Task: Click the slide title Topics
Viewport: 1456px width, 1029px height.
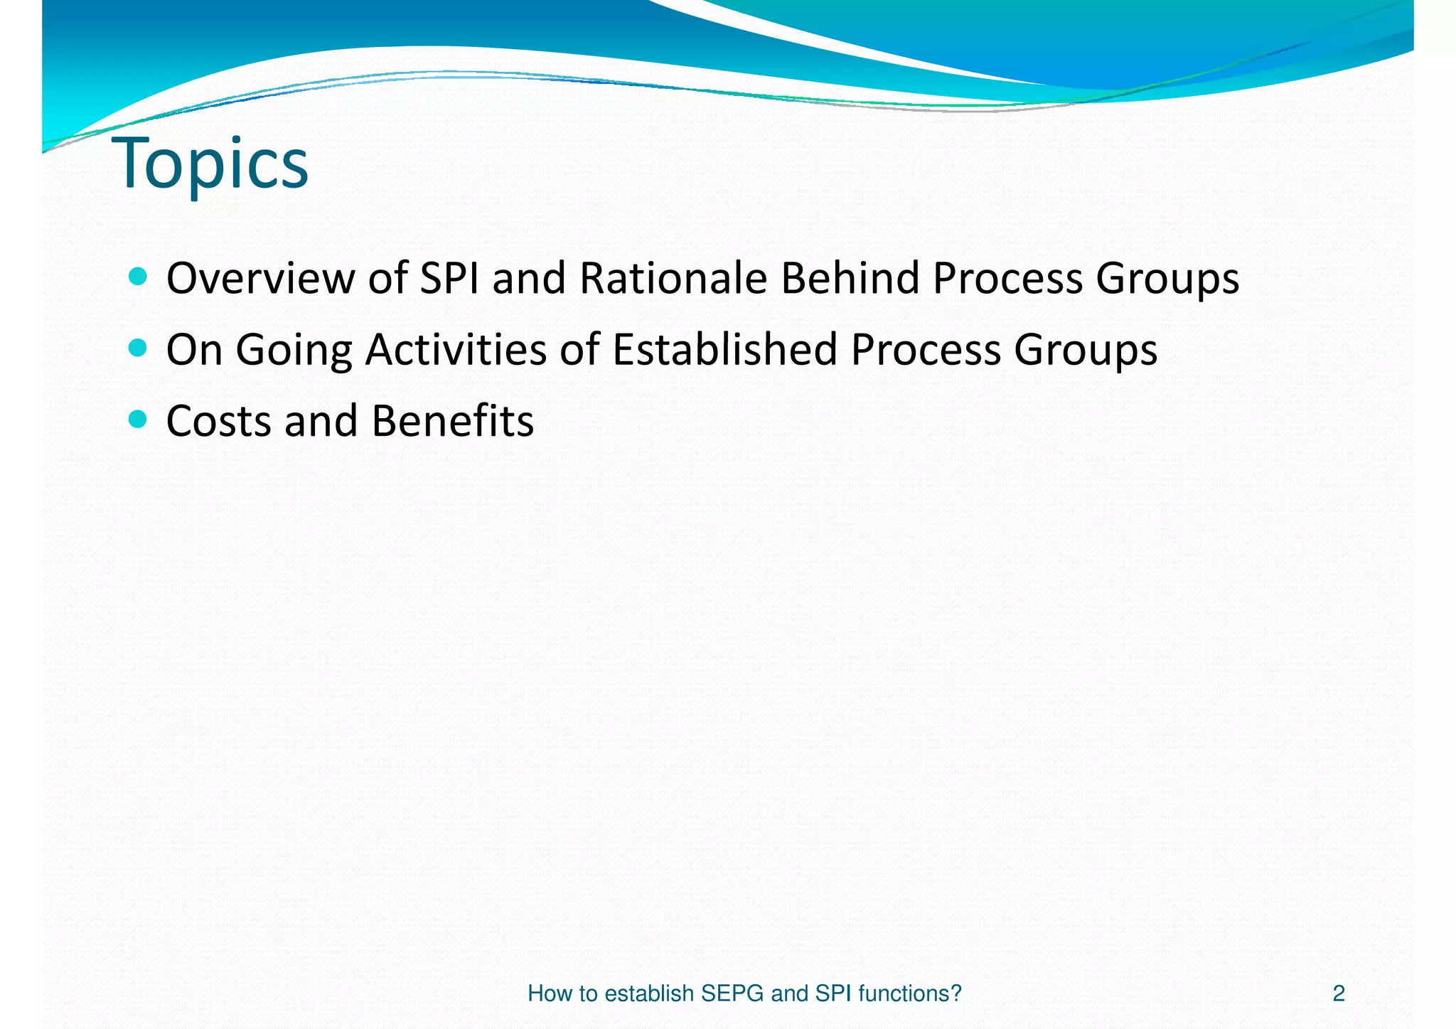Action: pyautogui.click(x=210, y=164)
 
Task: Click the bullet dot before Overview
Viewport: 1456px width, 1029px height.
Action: pyautogui.click(x=139, y=277)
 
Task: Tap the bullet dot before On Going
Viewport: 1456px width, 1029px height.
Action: pyautogui.click(x=139, y=348)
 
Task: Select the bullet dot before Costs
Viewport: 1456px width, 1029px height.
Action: pyautogui.click(x=139, y=420)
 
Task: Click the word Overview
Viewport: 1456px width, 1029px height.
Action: pyautogui.click(x=259, y=278)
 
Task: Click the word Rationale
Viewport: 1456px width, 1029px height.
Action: pyautogui.click(x=673, y=278)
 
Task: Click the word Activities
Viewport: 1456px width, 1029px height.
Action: pyautogui.click(x=456, y=350)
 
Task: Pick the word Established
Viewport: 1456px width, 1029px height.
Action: pyautogui.click(x=724, y=350)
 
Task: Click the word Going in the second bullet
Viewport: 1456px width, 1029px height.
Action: pyautogui.click(x=294, y=350)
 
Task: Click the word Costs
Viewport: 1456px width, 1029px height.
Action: pyautogui.click(x=218, y=421)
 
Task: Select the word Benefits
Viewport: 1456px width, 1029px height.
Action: pyautogui.click(x=452, y=421)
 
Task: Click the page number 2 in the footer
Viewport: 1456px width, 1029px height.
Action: pyautogui.click(x=1338, y=993)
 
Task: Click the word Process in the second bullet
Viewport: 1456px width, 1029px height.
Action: pyautogui.click(x=925, y=350)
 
